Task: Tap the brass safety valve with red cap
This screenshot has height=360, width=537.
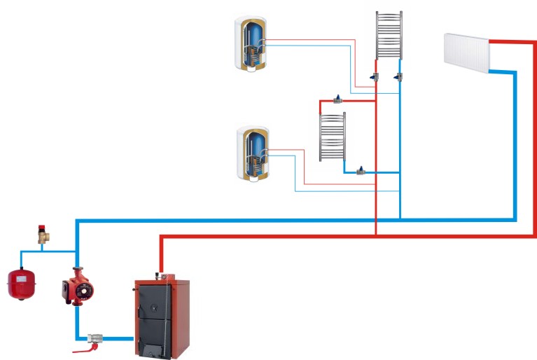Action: pos(44,234)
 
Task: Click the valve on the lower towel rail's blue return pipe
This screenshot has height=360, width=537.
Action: pos(361,170)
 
